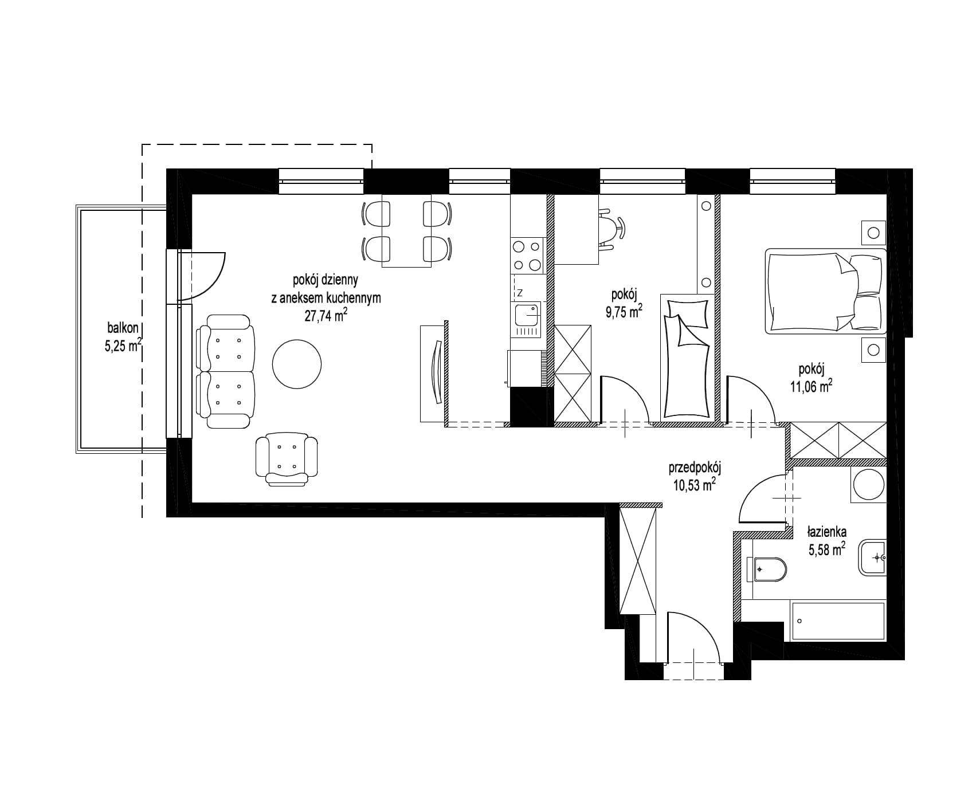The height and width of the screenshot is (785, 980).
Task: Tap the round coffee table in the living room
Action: tap(296, 364)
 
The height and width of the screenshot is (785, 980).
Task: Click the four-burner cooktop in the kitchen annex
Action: tap(527, 256)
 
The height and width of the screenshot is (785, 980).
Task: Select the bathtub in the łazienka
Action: tap(837, 621)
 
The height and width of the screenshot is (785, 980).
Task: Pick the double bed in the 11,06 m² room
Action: tap(825, 291)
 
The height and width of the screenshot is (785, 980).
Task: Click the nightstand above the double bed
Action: tap(873, 233)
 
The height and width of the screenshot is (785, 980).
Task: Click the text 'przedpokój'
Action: tap(695, 468)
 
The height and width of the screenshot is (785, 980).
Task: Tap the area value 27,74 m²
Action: tap(326, 316)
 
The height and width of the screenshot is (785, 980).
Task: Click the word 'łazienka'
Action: tap(827, 531)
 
